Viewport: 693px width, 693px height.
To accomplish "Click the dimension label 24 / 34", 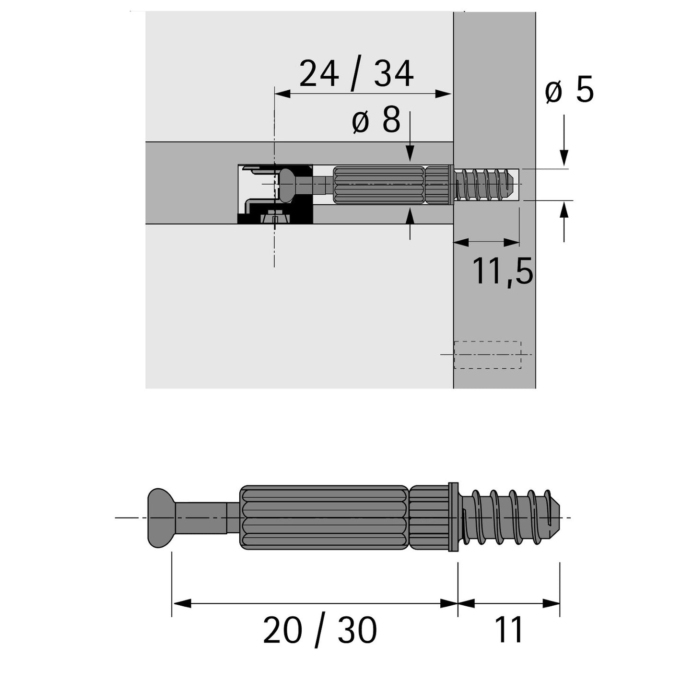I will point(356,74).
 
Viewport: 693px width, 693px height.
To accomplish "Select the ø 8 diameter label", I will point(376,120).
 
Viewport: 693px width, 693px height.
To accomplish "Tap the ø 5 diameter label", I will point(569,90).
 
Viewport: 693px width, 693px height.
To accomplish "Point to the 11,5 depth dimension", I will point(502,271).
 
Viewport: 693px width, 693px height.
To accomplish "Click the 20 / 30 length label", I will point(320,630).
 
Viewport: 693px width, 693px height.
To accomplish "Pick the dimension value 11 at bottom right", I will point(508,630).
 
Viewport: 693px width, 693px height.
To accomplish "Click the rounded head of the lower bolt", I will point(159,518).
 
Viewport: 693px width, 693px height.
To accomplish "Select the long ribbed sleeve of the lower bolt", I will point(324,518).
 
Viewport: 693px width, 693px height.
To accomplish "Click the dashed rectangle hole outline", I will point(487,355).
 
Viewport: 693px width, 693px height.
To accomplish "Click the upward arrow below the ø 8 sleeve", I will point(410,217).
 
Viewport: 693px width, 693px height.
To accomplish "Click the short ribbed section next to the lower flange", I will point(429,518).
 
